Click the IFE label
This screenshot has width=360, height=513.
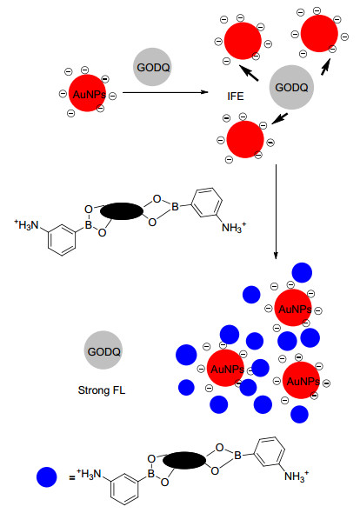point(236,97)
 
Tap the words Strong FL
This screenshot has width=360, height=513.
point(102,390)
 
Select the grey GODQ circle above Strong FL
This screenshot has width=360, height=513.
point(103,350)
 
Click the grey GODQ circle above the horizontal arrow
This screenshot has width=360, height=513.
point(152,67)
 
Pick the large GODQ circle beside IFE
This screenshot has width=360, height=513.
point(291,87)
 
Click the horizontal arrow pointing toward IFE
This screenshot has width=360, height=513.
point(165,92)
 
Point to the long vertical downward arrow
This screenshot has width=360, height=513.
point(276,211)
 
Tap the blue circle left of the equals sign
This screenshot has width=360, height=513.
point(46,476)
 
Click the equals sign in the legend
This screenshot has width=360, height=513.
point(72,477)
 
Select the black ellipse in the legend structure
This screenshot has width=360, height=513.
point(184,460)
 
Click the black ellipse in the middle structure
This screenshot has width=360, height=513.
point(122,211)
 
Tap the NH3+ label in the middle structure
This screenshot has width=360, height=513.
point(234,227)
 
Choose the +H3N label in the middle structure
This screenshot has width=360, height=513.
point(26,224)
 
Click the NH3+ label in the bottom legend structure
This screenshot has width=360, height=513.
point(297,476)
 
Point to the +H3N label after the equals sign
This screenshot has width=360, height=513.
point(90,473)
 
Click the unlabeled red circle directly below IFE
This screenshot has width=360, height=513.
point(245,139)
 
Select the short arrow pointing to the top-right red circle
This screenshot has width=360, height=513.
point(325,66)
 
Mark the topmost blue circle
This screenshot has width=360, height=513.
point(302,272)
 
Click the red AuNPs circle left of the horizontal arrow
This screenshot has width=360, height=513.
point(87,93)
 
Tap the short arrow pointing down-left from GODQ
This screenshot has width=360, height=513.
point(279,119)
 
